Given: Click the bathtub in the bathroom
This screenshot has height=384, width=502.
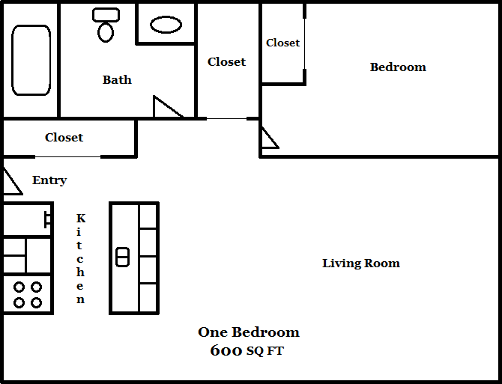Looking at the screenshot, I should [x=31, y=60].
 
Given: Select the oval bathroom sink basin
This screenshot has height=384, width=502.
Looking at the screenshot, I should [x=166, y=25].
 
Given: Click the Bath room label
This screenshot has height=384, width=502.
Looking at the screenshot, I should [x=117, y=79].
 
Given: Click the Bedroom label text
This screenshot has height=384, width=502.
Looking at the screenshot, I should [x=398, y=67].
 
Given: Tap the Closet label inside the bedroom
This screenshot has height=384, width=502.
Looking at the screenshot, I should [x=282, y=43].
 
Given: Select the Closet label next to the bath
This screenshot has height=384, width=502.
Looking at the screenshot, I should [x=226, y=61].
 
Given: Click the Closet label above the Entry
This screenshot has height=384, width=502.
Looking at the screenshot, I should [x=64, y=137].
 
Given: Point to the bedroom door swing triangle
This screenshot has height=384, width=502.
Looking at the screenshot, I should [x=267, y=139].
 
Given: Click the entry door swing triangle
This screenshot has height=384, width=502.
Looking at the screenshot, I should [x=10, y=183].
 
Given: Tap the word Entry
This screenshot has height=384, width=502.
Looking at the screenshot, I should [x=49, y=180].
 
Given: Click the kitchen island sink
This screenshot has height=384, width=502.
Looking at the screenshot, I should [x=123, y=257].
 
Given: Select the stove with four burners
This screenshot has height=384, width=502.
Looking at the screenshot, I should [x=27, y=294].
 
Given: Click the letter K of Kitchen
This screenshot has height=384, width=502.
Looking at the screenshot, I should [x=81, y=218].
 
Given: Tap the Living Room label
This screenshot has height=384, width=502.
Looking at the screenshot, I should [x=360, y=263].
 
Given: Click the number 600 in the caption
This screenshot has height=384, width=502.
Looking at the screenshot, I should [x=226, y=350].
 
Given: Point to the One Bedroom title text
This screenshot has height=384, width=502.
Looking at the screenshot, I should [x=248, y=332].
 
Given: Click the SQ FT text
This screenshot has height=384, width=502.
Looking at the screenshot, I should [x=265, y=351].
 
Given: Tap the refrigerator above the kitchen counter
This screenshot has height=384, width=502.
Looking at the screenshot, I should [x=26, y=219].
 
